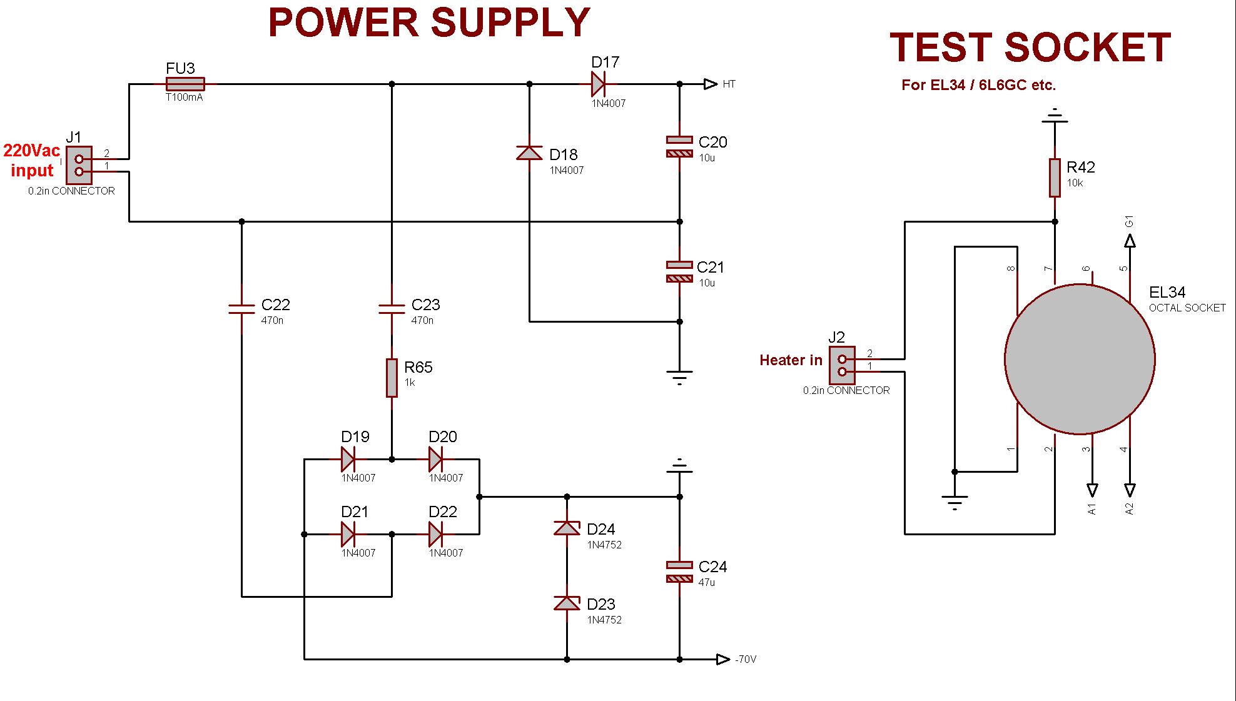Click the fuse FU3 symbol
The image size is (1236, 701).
(185, 84)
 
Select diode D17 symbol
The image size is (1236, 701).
(599, 84)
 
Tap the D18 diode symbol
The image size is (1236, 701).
(529, 153)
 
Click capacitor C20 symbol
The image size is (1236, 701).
(679, 146)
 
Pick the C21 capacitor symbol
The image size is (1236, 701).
(679, 271)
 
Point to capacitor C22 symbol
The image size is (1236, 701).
(241, 308)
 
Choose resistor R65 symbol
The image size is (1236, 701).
(392, 378)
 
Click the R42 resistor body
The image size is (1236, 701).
(1055, 178)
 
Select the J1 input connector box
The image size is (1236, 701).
(79, 165)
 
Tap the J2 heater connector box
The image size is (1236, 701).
(842, 365)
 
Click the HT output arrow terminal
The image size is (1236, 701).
(711, 84)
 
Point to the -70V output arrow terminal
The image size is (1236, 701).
(723, 659)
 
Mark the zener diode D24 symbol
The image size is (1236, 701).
(567, 528)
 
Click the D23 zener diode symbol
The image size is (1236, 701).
(567, 603)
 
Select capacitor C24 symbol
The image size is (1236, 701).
(679, 572)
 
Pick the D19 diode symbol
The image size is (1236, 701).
(348, 460)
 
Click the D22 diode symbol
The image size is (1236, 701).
(436, 535)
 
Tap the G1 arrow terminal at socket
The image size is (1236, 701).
(1130, 241)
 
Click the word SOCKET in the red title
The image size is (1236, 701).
(1088, 48)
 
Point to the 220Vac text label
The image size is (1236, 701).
(32, 151)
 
